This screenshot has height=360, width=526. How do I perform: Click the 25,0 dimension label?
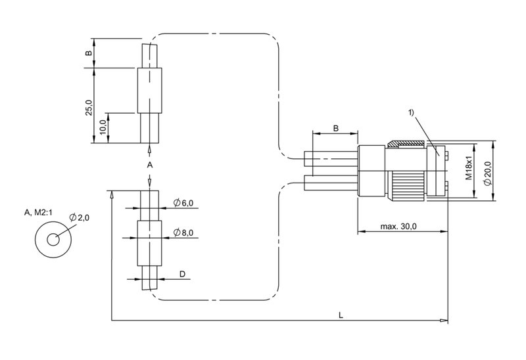(x=88, y=107)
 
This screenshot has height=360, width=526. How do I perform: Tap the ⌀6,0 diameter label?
(x=183, y=202)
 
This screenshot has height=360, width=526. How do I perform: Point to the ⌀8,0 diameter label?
(x=183, y=233)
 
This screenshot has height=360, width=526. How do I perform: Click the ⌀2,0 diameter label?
(x=80, y=217)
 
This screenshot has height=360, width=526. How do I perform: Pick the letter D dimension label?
(x=182, y=274)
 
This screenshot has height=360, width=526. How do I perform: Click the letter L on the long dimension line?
(x=341, y=315)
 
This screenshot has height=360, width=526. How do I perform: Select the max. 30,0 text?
(x=398, y=226)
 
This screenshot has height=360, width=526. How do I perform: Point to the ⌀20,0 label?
(x=488, y=173)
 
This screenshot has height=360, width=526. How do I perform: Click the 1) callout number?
(x=412, y=112)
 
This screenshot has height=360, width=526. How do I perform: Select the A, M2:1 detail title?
(x=38, y=212)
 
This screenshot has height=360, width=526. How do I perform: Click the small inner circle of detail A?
(x=53, y=240)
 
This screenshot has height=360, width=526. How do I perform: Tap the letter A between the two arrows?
(x=150, y=165)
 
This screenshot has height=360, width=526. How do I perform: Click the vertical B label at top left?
(x=88, y=53)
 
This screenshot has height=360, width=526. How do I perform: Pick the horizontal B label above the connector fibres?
(x=335, y=128)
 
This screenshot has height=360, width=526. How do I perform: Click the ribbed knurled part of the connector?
(x=407, y=187)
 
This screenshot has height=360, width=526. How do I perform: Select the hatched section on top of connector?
(x=407, y=144)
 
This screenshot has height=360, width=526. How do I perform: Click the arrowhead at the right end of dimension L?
(x=444, y=321)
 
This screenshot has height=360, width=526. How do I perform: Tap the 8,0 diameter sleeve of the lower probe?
(x=150, y=243)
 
